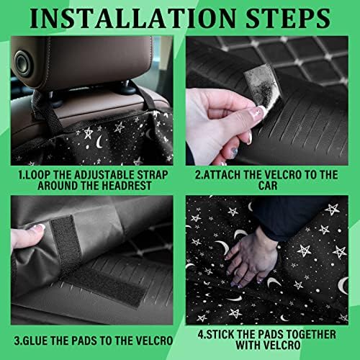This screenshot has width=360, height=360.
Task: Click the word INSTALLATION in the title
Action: [x=132, y=18]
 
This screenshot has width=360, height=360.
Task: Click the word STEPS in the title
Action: [x=288, y=18]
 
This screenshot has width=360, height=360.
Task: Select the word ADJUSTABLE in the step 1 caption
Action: [x=104, y=175]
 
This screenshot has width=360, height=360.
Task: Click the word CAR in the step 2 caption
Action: [x=268, y=186]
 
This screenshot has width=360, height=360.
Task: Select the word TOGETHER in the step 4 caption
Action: [x=311, y=334]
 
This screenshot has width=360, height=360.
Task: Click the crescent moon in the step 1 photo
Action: [x=99, y=142]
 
